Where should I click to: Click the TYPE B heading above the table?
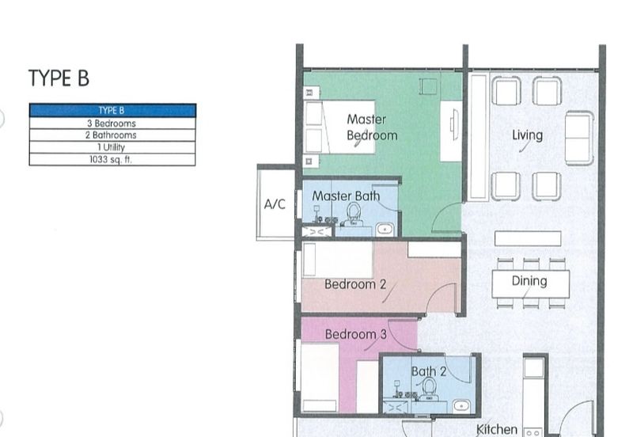pos(59,78)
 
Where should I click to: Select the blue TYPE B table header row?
pos(112,110)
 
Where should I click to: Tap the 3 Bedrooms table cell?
pos(112,123)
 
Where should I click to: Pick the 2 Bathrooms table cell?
pos(111,135)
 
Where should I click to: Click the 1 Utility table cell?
pos(112,147)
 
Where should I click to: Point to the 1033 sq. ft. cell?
pos(111,160)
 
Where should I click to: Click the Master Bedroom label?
pos(372,127)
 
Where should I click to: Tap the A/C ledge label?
pos(275,204)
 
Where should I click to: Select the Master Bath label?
pos(346,196)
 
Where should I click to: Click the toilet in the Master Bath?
pos(354,215)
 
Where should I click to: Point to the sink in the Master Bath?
pos(385,230)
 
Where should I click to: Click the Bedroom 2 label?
pos(355,284)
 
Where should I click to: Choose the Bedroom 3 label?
pos(355,334)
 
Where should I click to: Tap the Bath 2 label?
pos(429,371)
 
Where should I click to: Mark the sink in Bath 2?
pos(461,405)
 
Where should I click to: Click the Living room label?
pos(527,135)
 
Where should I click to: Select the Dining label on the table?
pos(529,281)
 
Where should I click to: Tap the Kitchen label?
pos(497,429)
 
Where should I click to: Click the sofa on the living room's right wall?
pos(579,138)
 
